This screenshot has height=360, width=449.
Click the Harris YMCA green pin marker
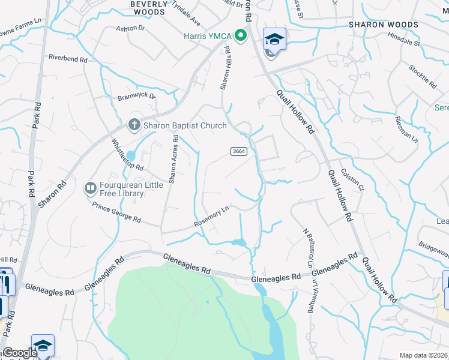tap(241, 35)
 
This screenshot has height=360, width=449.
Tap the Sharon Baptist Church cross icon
tap(133, 125)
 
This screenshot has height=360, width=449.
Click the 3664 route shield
tap(238, 152)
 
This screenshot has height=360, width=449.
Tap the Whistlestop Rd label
tap(128, 155)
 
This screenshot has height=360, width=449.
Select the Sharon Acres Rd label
tap(173, 158)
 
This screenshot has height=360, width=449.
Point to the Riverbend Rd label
tap(68, 59)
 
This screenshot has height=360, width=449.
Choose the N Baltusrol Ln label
tap(307, 247)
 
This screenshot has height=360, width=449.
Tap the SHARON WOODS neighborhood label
tap(384, 25)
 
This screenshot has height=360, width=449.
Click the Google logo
tap(20, 353)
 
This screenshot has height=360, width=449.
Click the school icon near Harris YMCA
tap(274, 40)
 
